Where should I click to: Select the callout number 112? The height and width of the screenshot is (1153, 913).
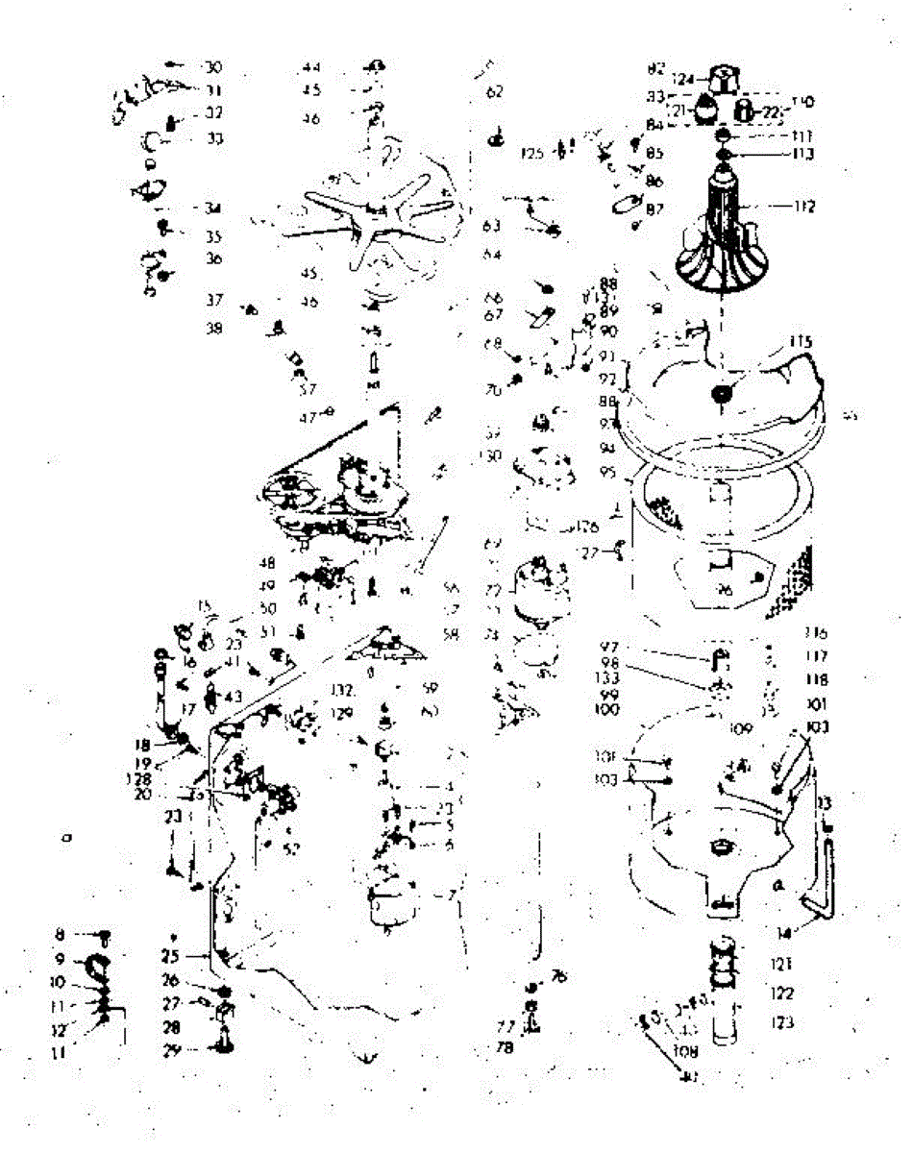[x=803, y=206]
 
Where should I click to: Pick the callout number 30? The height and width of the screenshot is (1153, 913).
[x=212, y=67]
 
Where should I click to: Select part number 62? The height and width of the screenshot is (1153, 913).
[x=495, y=92]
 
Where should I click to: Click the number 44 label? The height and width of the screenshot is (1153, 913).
[x=310, y=67]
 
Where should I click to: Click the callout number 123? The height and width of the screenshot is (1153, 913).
[x=782, y=1023]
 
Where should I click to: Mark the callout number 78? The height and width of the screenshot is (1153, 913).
[x=505, y=1048]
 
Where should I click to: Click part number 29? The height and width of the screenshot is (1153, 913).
[x=172, y=1050]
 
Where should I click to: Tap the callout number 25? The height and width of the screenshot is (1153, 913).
[x=172, y=957]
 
